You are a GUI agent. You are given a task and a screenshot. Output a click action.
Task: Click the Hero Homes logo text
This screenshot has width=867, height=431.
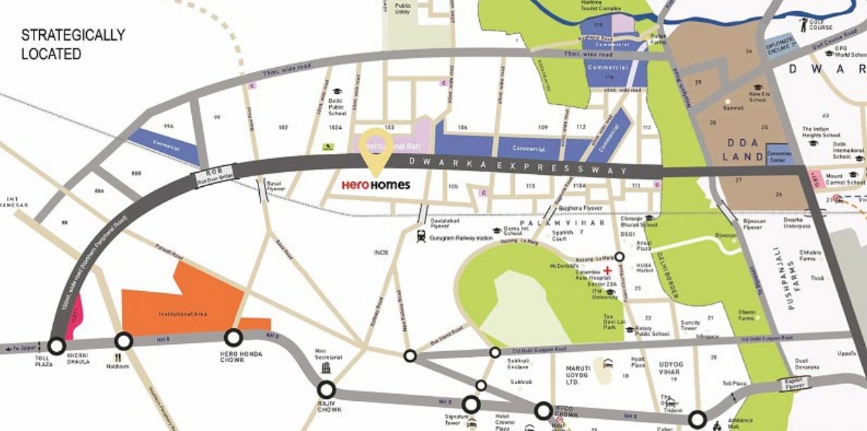pyautogui.click(x=375, y=185)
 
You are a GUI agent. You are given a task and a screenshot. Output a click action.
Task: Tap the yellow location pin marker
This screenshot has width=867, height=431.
pyautogui.click(x=376, y=149)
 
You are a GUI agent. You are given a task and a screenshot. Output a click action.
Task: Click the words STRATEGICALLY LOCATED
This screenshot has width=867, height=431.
pyautogui.click(x=73, y=44)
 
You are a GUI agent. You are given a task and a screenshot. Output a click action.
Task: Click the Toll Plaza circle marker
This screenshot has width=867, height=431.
pyautogui.click(x=56, y=345)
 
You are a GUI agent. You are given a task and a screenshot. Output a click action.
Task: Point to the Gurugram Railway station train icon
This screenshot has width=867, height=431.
pyautogui.click(x=421, y=236)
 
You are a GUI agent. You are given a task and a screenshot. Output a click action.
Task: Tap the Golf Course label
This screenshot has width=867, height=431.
pyautogui.click(x=821, y=25)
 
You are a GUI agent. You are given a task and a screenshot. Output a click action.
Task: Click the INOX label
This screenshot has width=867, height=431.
pyautogui.click(x=381, y=252)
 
